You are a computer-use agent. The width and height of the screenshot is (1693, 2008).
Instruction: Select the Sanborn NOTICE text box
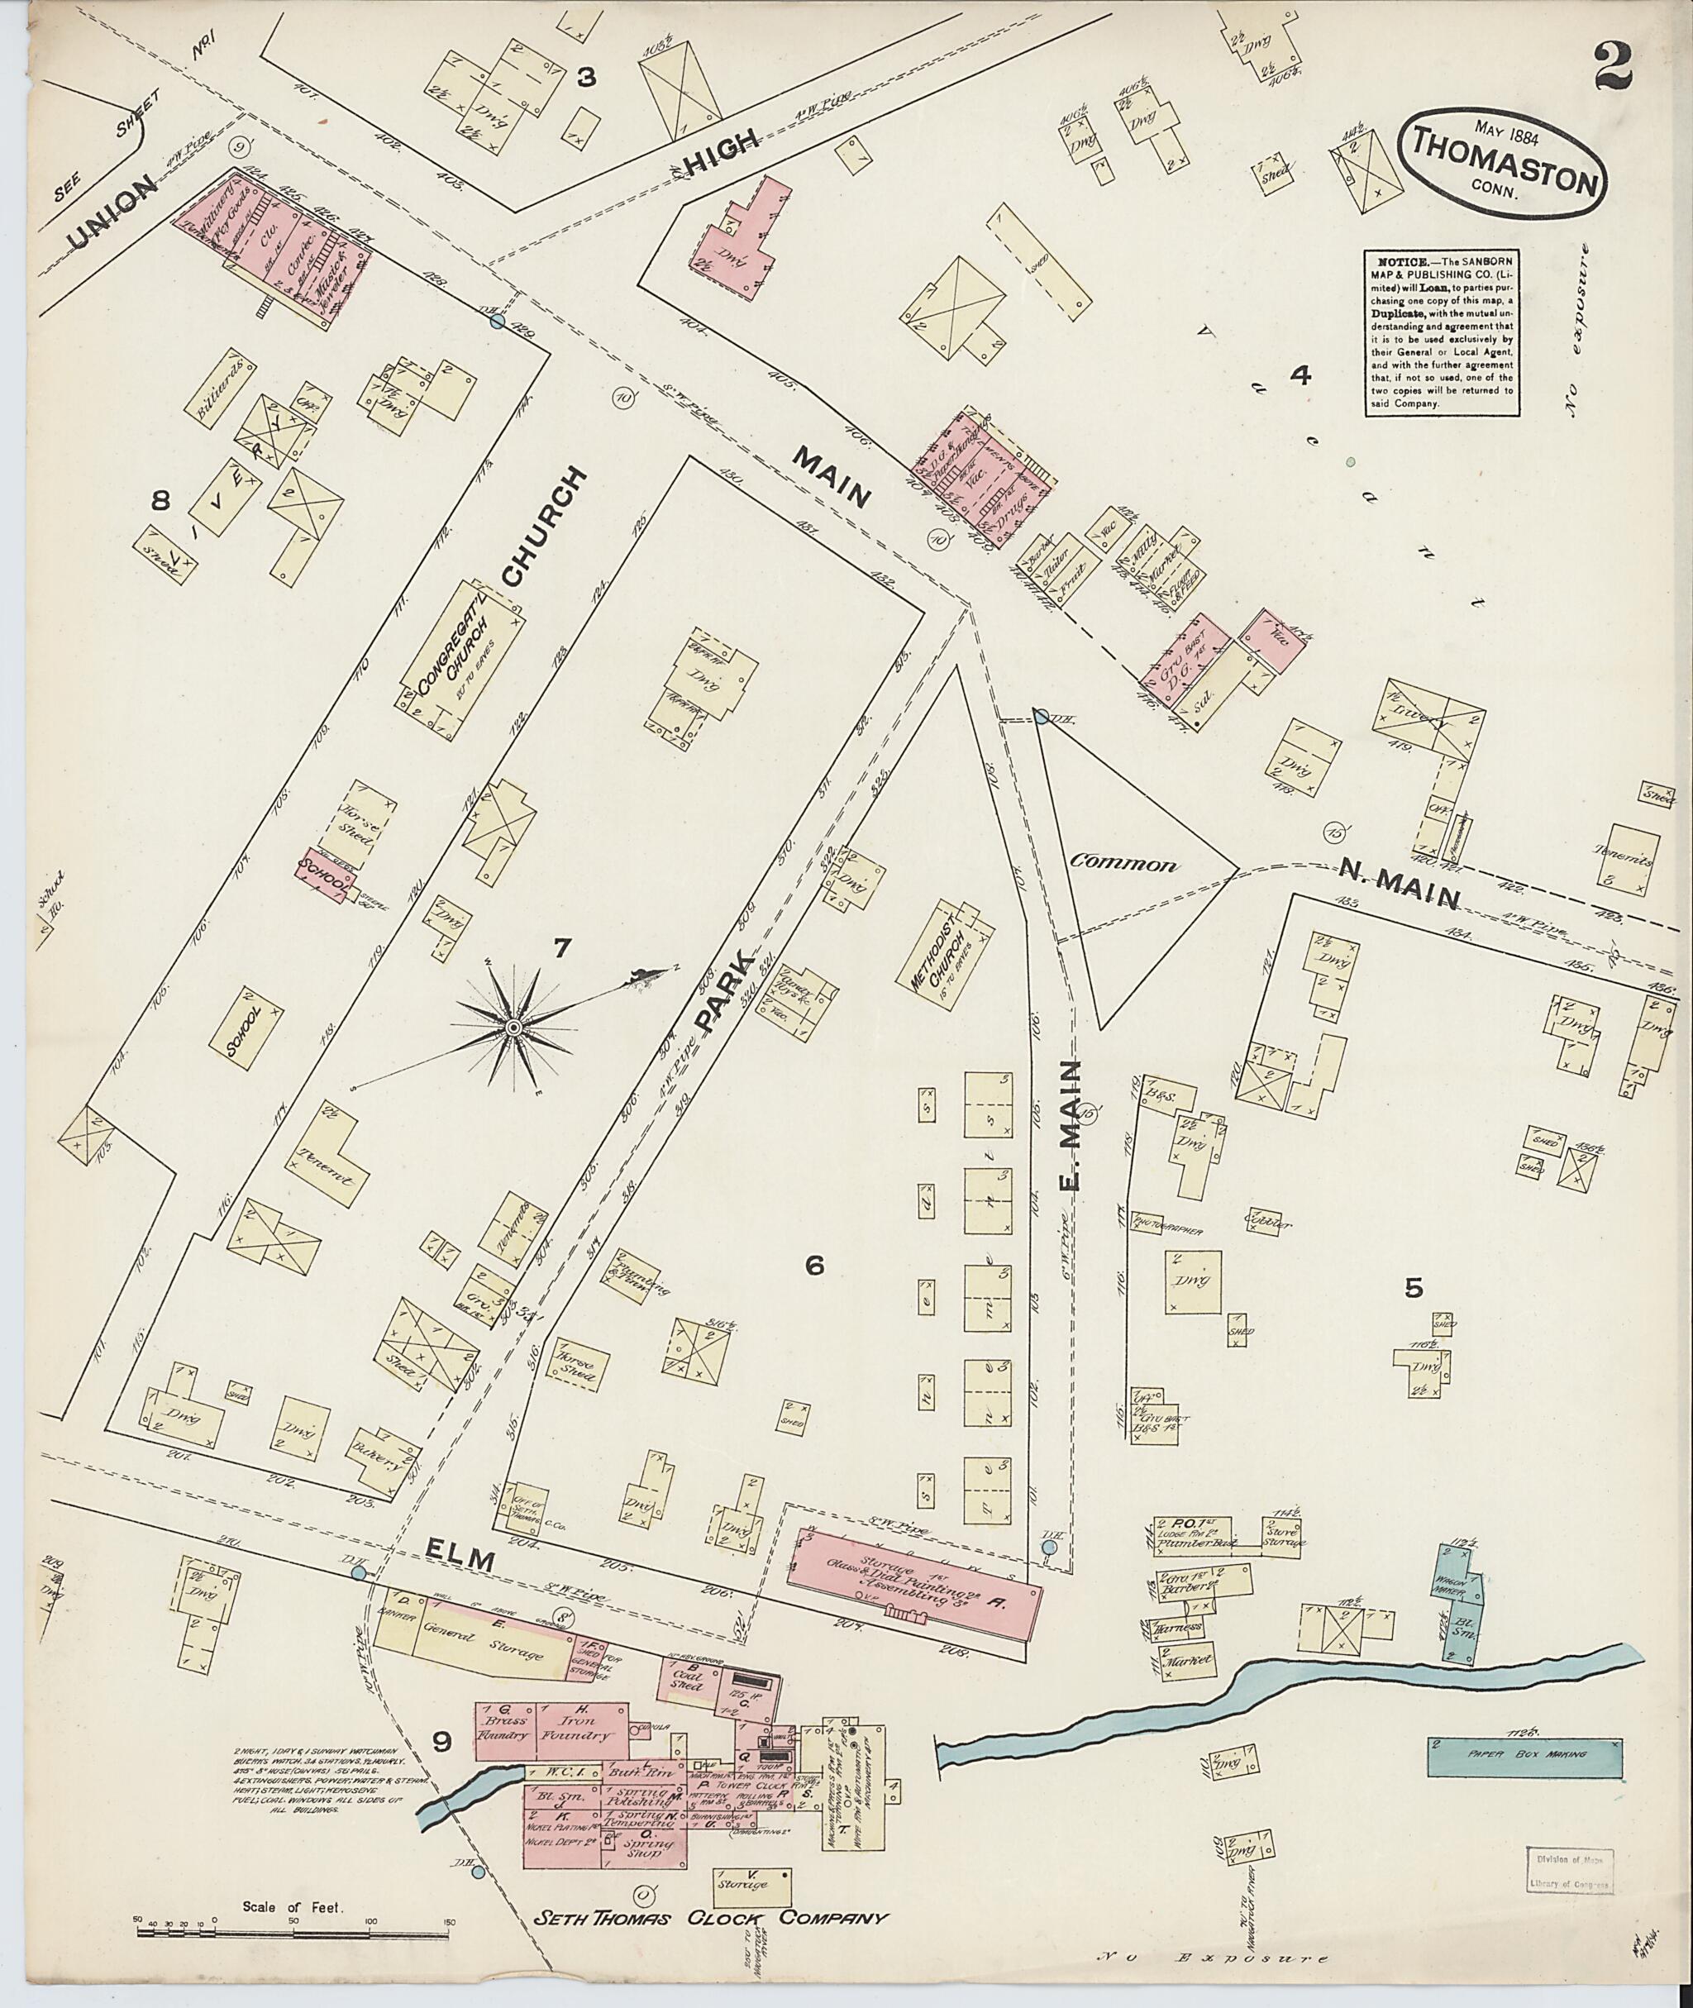[1442, 333]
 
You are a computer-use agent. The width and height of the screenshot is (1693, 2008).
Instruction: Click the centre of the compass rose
[513, 1028]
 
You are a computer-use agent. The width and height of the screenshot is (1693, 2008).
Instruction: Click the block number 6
[814, 1265]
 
